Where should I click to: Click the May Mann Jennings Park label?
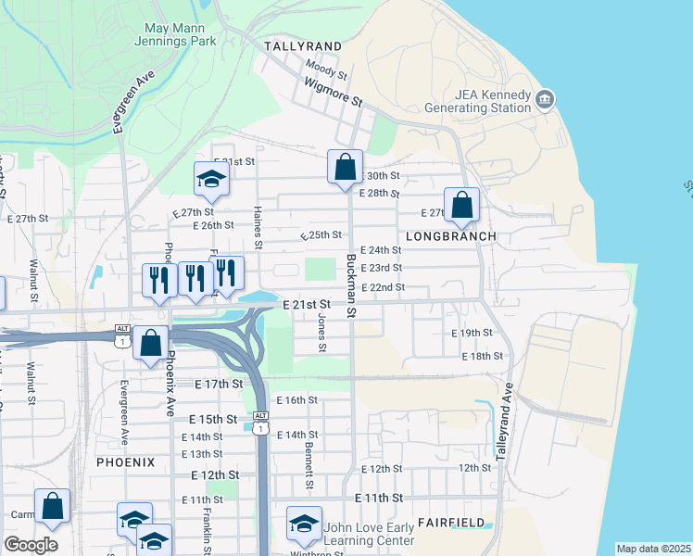point(180,35)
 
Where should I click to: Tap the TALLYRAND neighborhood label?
point(302,45)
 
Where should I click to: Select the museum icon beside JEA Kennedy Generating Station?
point(545,99)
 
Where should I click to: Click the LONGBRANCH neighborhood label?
point(450,236)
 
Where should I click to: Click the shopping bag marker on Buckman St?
point(345,168)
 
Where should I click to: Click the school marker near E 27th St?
point(211,179)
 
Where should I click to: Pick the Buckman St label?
point(351,285)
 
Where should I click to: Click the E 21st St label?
point(306,304)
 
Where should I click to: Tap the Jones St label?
point(321,333)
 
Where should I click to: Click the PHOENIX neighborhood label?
point(125,461)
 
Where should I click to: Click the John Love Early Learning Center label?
point(369,535)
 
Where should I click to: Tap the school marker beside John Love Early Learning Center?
point(303,524)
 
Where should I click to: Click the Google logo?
point(31,545)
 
